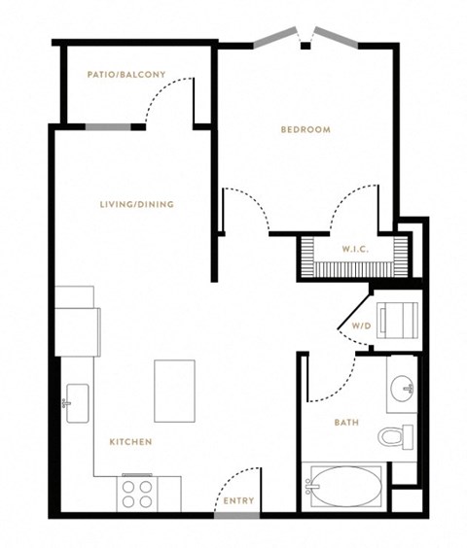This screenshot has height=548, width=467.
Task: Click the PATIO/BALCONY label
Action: (126, 75)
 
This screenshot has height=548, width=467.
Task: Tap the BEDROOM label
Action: (305, 129)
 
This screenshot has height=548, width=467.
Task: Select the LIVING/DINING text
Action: (137, 204)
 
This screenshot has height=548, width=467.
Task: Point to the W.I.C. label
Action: (355, 249)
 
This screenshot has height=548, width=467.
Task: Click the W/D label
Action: (361, 326)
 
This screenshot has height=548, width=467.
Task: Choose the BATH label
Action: (346, 423)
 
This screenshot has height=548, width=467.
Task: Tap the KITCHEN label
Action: (131, 442)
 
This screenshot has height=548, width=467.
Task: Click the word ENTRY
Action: (238, 500)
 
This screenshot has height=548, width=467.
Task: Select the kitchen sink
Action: (77, 403)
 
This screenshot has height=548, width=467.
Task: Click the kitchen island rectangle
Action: (175, 391)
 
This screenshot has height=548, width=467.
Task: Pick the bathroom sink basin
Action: (402, 389)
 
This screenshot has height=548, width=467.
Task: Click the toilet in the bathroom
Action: (396, 437)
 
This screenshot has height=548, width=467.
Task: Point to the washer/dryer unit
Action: (397, 321)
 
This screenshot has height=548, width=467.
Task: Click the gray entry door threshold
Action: (237, 516)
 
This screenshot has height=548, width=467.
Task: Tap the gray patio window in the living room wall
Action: (108, 127)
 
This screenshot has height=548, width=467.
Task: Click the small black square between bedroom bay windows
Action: (305, 46)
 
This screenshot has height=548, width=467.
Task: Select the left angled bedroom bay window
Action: (275, 37)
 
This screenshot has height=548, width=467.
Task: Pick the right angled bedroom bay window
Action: (336, 37)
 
